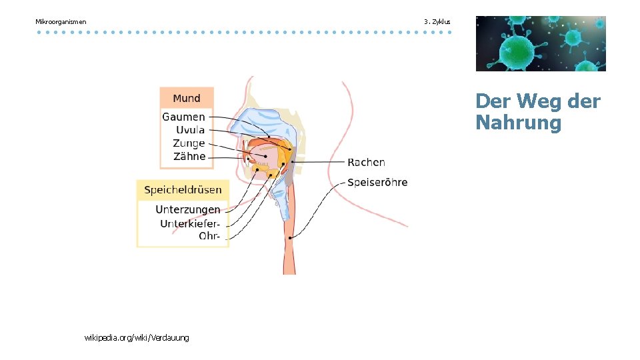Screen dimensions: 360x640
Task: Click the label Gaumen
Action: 183,117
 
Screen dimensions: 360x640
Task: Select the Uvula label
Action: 190,130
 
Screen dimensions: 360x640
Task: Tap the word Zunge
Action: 189,143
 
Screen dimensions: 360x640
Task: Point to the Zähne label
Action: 189,157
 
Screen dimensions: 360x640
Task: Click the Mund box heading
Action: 187,98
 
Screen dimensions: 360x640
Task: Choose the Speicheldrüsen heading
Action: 183,190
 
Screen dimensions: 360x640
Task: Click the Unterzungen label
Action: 187,210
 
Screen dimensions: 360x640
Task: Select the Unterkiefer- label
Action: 190,223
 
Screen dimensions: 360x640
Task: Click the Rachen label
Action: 366,162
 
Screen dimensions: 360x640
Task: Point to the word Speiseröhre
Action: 377,182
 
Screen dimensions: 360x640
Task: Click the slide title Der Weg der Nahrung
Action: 537,112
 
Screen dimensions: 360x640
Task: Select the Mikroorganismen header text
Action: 61,22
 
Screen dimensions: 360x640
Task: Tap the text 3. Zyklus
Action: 437,22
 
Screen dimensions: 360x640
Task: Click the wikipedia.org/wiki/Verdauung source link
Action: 137,338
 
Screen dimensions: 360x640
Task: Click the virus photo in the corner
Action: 541,43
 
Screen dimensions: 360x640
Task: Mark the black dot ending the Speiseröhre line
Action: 291,237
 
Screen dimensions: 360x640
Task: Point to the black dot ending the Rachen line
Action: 293,162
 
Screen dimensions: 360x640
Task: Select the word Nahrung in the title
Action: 519,123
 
